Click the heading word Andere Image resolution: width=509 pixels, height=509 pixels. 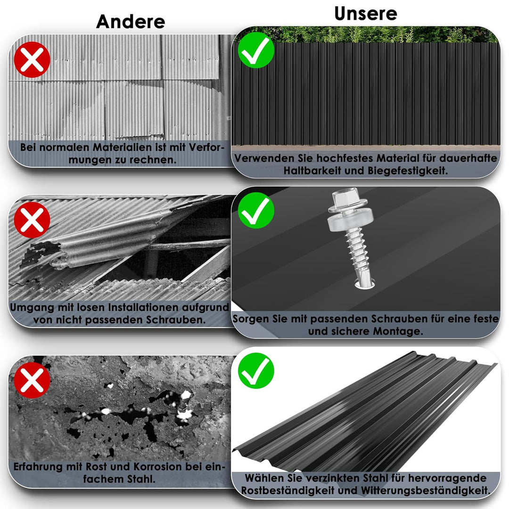(131, 22)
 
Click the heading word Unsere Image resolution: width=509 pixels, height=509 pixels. (366, 14)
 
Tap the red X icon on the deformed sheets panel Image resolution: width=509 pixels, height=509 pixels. (32, 60)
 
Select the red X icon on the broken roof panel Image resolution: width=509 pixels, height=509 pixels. (32, 220)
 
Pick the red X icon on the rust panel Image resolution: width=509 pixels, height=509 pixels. (32, 380)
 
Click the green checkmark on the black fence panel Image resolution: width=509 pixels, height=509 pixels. (256, 50)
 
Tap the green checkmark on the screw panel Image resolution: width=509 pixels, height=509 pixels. (256, 210)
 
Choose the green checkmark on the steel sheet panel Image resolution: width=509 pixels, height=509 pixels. (256, 371)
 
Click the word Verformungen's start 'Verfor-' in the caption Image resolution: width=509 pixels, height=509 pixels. (206, 148)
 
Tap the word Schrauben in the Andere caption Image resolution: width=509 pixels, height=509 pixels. (176, 320)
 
